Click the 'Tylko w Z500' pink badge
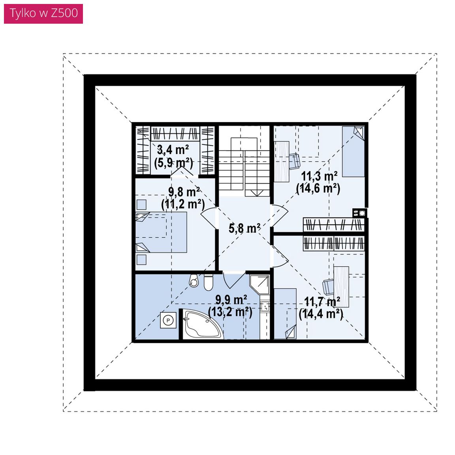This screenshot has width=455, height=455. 43,14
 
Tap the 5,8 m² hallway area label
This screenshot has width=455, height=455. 244,228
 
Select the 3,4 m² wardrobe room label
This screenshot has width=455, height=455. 173,150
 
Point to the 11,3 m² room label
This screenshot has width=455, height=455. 319,176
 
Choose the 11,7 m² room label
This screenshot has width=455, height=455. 322,302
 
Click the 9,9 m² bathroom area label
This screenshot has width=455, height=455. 231,299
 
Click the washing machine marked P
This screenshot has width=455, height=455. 168,321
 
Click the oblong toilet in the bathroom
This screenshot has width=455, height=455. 209,282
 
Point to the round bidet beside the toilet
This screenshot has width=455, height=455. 194,280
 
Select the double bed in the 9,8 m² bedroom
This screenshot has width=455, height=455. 161,232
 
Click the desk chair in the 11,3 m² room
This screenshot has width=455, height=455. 295,161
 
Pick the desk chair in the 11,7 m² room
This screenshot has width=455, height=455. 328,287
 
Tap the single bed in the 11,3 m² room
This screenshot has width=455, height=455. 353,152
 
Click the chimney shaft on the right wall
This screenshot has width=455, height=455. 359,213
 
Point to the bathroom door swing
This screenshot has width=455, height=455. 234,280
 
